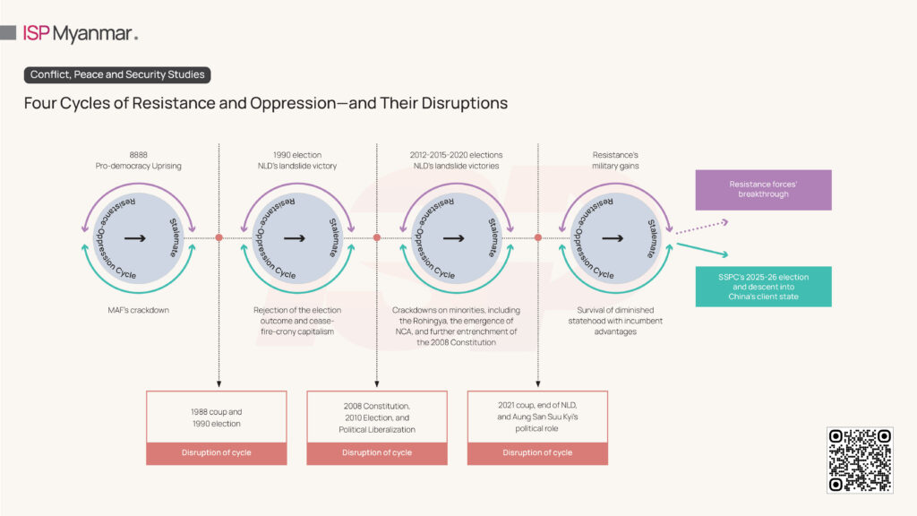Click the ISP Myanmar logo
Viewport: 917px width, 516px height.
click(x=81, y=34)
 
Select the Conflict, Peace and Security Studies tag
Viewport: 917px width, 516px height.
click(x=117, y=75)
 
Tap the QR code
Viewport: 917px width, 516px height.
click(x=860, y=460)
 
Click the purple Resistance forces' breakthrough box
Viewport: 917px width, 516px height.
click(x=763, y=190)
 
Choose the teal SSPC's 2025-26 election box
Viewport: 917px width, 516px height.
click(x=763, y=287)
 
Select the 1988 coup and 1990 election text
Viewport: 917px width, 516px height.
click(x=217, y=417)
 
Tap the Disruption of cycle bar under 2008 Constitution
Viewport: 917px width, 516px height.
click(x=377, y=452)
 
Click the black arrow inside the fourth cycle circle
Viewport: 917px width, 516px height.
click(x=613, y=238)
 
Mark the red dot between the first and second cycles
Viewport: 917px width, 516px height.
click(x=218, y=237)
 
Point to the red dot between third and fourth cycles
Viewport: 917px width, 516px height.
click(x=538, y=237)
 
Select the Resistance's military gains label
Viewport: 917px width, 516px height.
click(x=615, y=160)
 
